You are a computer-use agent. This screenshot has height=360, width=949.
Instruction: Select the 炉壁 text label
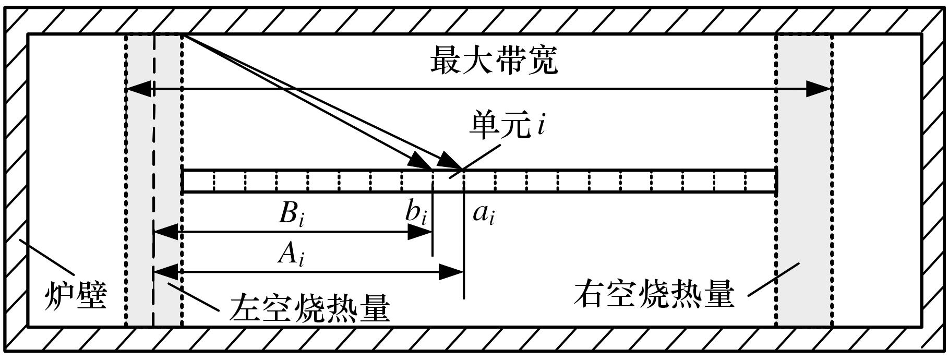click(75, 296)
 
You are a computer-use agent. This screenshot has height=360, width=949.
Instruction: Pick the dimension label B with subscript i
click(291, 213)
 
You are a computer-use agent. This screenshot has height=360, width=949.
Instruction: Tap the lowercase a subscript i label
click(483, 214)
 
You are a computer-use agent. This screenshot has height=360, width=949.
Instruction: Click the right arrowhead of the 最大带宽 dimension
click(818, 89)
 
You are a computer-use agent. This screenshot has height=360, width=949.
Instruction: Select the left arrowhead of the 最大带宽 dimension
click(139, 89)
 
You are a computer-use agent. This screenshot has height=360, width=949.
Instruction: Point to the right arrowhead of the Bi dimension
click(420, 232)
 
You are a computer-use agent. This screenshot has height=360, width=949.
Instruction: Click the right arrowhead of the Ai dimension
click(451, 272)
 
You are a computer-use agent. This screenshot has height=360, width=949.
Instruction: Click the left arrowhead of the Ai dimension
click(166, 272)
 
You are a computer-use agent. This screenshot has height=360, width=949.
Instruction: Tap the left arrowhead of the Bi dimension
click(166, 232)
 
